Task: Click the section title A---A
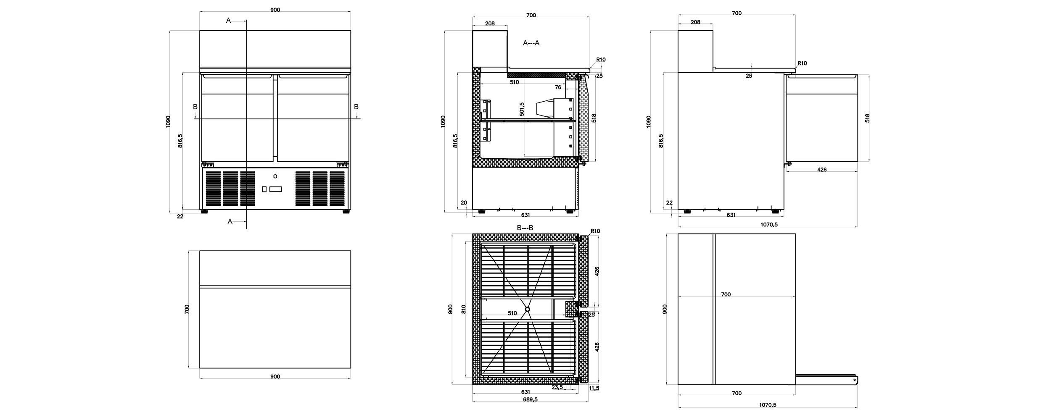(531, 43)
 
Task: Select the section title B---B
(525, 228)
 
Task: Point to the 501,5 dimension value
(522, 109)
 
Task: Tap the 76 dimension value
(558, 87)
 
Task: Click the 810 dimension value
(464, 310)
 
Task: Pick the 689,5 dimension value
(530, 399)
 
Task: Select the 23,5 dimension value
(557, 387)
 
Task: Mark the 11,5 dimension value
(594, 388)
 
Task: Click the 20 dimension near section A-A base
(464, 203)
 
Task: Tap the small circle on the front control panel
(275, 176)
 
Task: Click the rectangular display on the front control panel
(275, 189)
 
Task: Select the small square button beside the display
(264, 189)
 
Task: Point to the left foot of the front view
(204, 212)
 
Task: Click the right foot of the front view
(346, 212)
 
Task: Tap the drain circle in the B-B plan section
(528, 309)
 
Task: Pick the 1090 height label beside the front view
(168, 122)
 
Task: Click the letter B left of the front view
(195, 107)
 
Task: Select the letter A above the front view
(228, 20)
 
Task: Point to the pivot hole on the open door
(854, 381)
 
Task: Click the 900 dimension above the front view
(275, 10)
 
